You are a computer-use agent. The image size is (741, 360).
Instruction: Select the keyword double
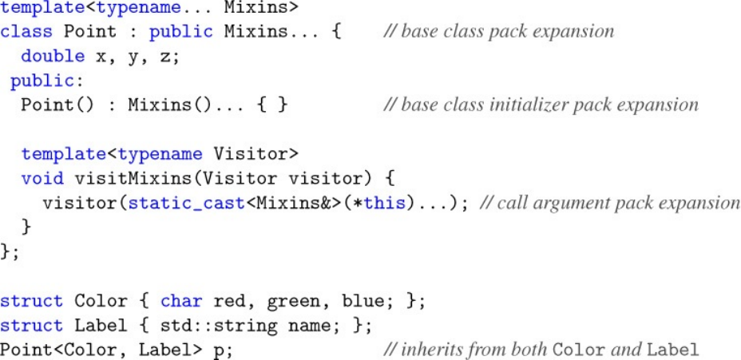click(x=53, y=56)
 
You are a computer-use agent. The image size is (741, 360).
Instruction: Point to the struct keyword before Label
click(x=31, y=325)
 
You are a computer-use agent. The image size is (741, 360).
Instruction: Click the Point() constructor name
click(x=53, y=105)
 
